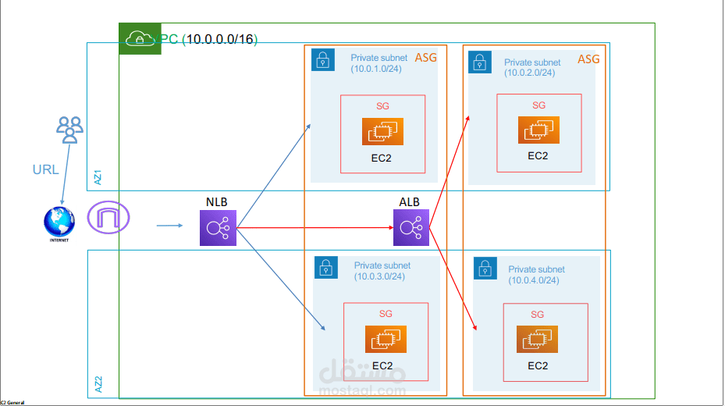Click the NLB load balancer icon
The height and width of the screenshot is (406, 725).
click(x=217, y=229)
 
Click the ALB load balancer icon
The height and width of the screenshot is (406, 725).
click(x=410, y=228)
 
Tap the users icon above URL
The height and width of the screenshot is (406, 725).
click(x=69, y=130)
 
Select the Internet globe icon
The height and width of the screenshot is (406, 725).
click(x=59, y=222)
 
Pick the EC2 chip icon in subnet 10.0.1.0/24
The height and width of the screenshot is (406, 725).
click(x=382, y=132)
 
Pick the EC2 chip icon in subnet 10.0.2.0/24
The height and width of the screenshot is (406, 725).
click(x=538, y=130)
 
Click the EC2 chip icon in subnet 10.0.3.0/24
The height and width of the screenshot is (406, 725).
click(x=386, y=339)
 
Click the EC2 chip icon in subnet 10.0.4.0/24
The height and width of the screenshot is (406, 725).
click(x=538, y=340)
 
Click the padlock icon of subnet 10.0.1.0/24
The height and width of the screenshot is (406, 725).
click(x=322, y=60)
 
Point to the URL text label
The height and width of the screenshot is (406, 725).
click(x=45, y=169)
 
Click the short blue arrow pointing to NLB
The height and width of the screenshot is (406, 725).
click(x=169, y=226)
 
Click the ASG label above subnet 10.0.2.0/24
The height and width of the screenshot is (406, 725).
click(x=588, y=59)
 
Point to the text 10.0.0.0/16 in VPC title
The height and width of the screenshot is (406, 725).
click(x=222, y=39)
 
